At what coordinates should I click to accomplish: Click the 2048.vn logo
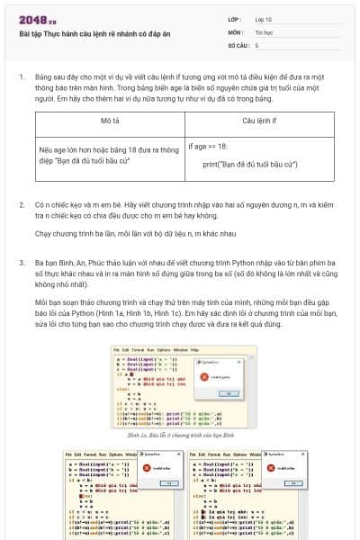tap(37, 20)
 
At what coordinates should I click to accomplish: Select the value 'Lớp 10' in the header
tap(264, 18)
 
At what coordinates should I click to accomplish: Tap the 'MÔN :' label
tap(235, 31)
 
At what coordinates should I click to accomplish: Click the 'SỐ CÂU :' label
tap(238, 44)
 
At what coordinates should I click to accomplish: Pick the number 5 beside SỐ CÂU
tap(256, 44)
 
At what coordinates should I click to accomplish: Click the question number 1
tap(21, 78)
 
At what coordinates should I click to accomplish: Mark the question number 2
tap(21, 205)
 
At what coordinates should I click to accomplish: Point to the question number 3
tap(21, 262)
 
